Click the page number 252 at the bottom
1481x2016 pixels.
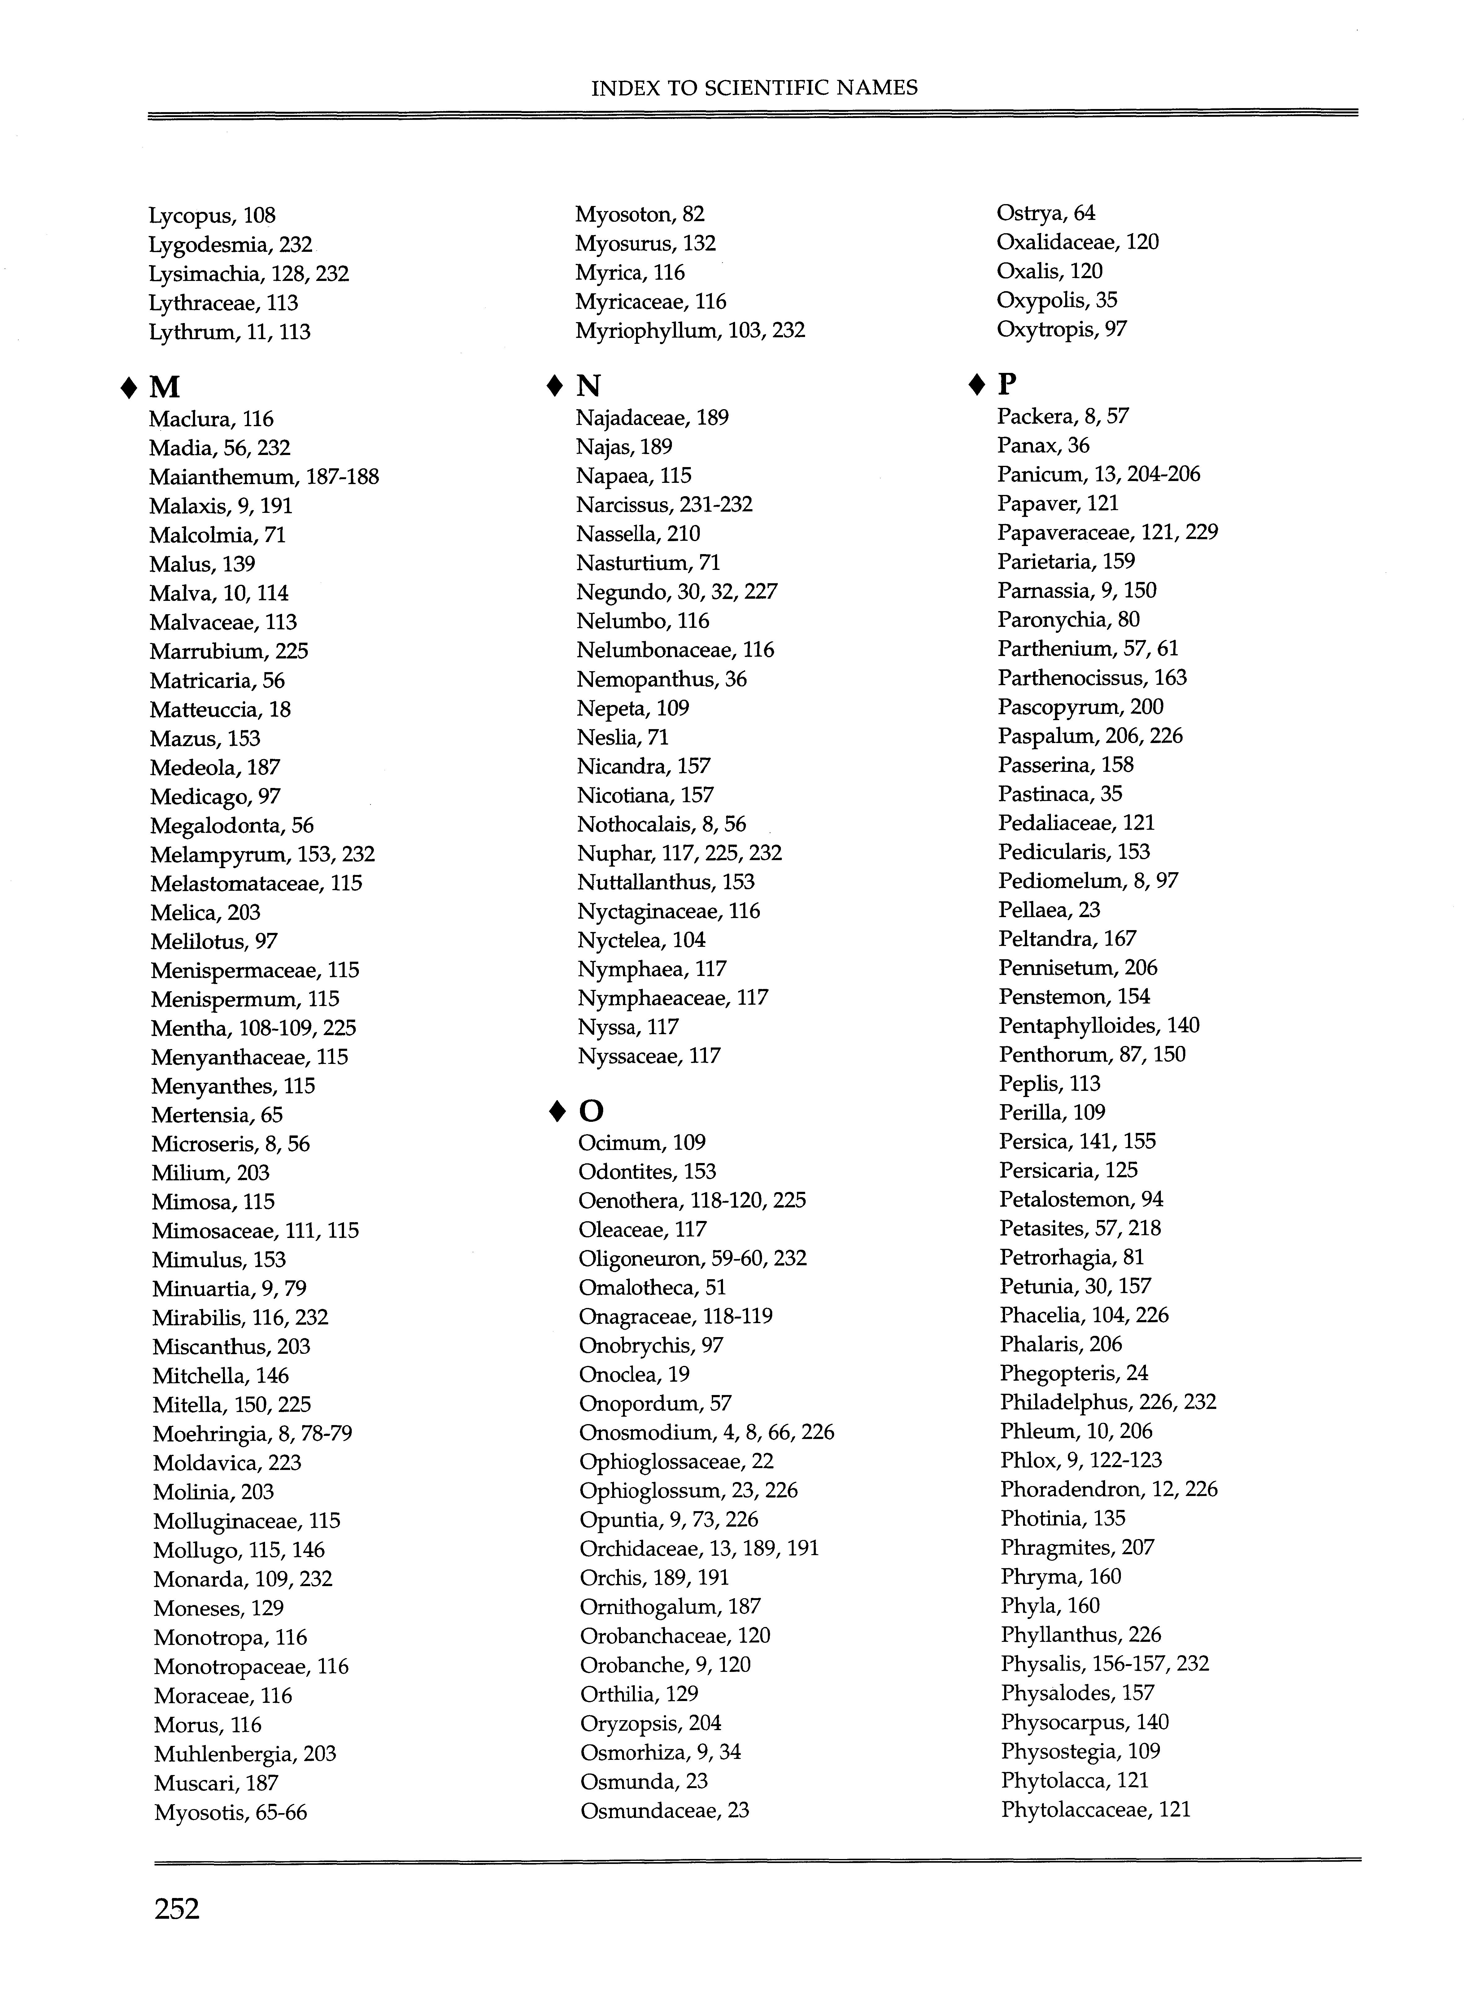click(x=176, y=1909)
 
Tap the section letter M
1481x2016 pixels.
click(x=165, y=387)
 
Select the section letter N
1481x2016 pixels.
click(x=588, y=386)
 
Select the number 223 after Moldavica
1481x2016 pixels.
click(x=284, y=1463)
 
